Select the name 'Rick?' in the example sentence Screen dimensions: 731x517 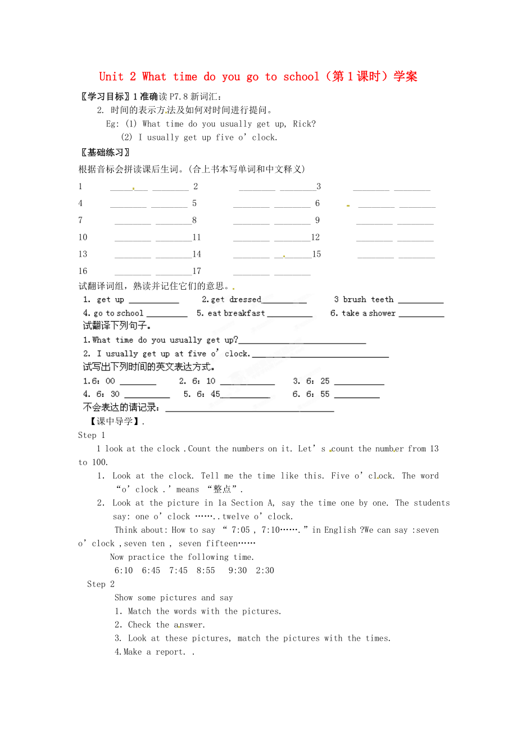point(304,124)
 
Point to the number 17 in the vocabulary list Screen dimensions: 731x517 point(197,271)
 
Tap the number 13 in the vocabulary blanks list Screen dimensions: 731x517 point(83,254)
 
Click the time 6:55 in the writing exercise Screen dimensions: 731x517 point(318,394)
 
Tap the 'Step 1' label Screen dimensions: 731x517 point(92,435)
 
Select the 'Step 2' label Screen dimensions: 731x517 point(101,584)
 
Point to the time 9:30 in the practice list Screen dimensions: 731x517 point(238,570)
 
